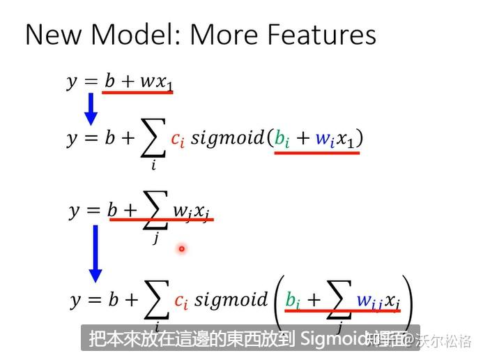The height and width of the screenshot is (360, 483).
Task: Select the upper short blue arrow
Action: (x=91, y=108)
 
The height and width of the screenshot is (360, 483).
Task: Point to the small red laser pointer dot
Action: (x=181, y=248)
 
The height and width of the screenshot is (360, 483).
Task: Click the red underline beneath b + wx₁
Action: (x=138, y=93)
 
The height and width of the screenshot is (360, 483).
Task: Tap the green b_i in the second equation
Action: (x=282, y=139)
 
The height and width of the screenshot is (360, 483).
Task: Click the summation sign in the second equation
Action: (x=153, y=140)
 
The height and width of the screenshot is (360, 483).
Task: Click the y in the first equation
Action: (x=72, y=82)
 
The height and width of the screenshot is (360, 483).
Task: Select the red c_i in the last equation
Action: (x=181, y=301)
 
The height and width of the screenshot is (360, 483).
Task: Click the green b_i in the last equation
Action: (x=293, y=301)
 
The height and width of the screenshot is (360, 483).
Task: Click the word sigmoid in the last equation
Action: (x=230, y=300)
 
